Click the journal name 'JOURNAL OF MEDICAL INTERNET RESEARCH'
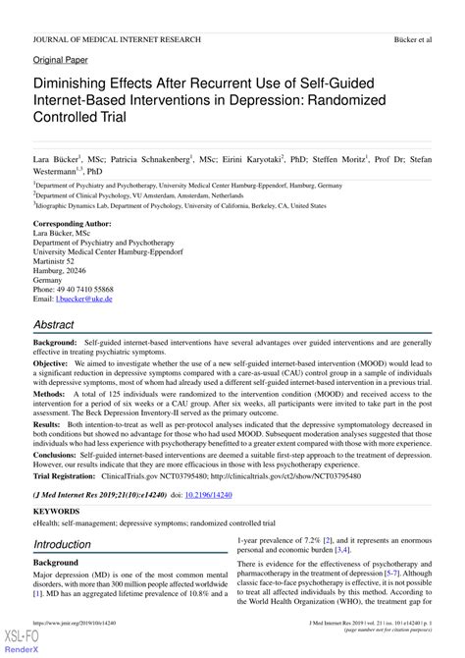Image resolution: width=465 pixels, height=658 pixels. pyautogui.click(x=117, y=39)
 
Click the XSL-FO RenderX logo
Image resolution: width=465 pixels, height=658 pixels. pyautogui.click(x=17, y=642)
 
